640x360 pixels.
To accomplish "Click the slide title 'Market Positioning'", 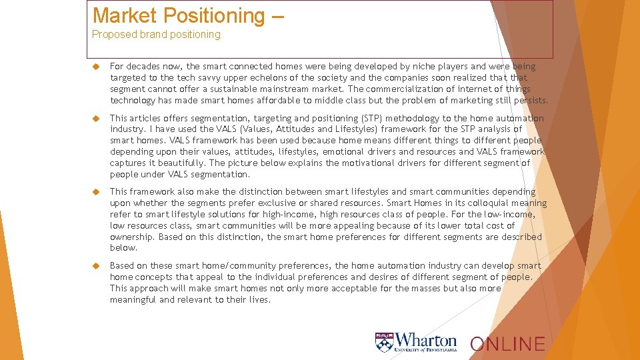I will tap(179, 15).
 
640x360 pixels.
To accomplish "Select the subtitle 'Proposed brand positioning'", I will tap(156, 35).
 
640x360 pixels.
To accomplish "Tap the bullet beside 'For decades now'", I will tap(96, 67).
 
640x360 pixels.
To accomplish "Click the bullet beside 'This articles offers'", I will tap(96, 119).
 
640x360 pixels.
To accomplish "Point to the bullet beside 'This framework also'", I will tap(96, 192).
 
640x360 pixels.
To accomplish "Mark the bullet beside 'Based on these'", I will tap(96, 266).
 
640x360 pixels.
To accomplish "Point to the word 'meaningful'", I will tap(133, 300).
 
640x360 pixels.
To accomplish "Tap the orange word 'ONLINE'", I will tap(507, 345).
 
